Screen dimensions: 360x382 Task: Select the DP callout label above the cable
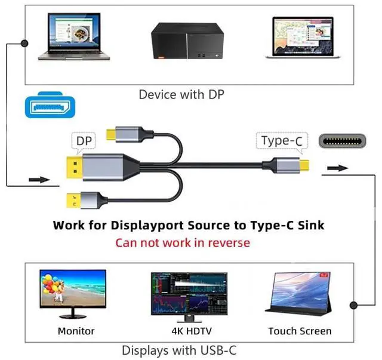[x=82, y=141]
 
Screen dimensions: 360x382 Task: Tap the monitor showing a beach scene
[x=73, y=293]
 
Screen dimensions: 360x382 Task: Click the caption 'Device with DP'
[x=181, y=94]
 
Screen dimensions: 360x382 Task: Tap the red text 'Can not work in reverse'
[x=183, y=242]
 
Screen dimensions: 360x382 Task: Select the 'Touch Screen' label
[x=300, y=331]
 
